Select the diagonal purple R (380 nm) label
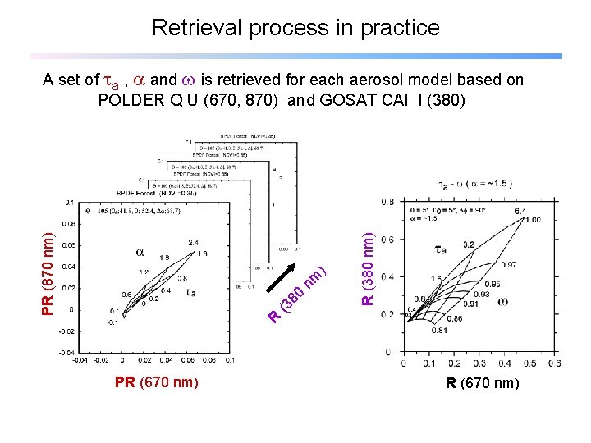(x=299, y=290)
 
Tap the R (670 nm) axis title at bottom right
(x=482, y=381)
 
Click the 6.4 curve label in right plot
(x=521, y=212)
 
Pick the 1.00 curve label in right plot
(x=534, y=220)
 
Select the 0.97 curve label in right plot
(x=509, y=264)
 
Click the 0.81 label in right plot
(x=439, y=331)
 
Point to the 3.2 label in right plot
(x=470, y=244)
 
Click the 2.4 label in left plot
(x=194, y=243)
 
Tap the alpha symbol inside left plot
(x=140, y=253)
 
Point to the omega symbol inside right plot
(x=502, y=300)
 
